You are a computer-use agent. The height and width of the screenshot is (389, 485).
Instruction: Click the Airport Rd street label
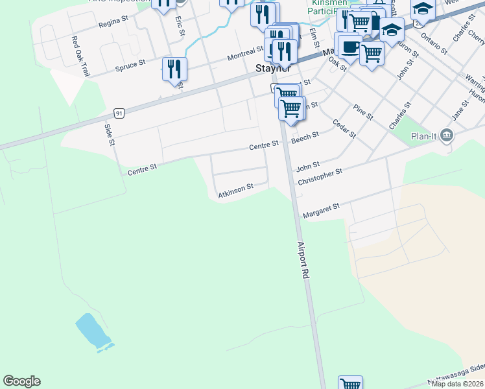(302, 261)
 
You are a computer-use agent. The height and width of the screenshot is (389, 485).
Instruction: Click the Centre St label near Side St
(143, 169)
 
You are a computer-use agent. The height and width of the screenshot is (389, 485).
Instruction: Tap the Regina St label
(114, 24)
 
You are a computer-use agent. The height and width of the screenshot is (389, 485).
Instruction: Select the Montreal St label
(245, 57)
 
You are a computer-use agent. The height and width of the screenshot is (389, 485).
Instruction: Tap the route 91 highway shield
(119, 112)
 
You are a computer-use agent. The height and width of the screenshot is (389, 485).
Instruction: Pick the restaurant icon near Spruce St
(174, 68)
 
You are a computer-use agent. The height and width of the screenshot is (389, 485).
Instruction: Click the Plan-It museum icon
(446, 136)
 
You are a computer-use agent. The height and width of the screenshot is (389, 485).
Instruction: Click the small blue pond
(93, 331)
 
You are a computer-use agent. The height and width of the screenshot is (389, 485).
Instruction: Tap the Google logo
(21, 381)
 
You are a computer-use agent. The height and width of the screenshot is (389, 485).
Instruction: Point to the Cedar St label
(344, 128)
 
